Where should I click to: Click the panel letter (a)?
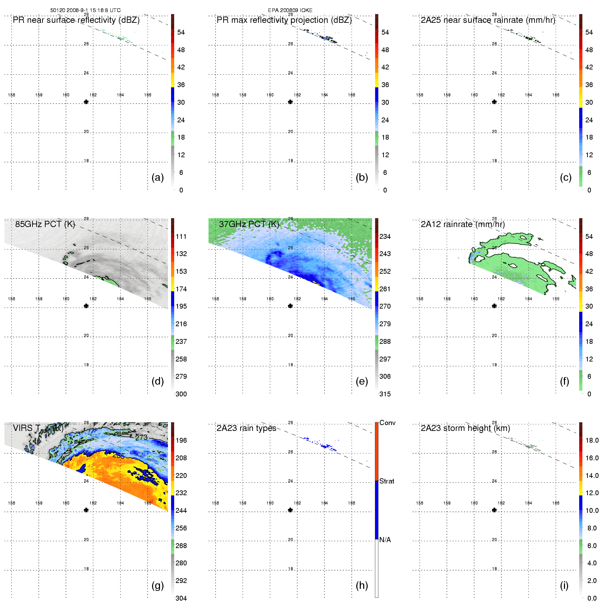157,177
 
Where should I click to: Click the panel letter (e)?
361,381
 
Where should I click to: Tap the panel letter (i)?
564,585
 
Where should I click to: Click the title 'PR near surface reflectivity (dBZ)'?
76,20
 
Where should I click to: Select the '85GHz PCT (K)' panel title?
45,224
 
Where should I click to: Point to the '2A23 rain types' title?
246,428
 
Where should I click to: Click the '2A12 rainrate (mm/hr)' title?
463,224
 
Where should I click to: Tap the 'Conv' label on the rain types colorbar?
387,423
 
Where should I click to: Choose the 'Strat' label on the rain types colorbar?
387,481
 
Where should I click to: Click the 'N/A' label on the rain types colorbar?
385,540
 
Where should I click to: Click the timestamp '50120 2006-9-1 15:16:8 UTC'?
85,10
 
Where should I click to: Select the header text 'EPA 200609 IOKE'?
290,10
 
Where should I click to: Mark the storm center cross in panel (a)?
86,102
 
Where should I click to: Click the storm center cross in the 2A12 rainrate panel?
494,306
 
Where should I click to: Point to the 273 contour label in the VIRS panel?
141,437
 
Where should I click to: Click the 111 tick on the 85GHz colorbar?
181,236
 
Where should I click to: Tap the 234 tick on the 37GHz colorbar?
385,236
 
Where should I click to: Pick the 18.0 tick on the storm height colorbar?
592,440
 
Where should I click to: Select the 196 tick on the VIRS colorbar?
181,440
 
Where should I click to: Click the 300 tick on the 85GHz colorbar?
181,394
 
